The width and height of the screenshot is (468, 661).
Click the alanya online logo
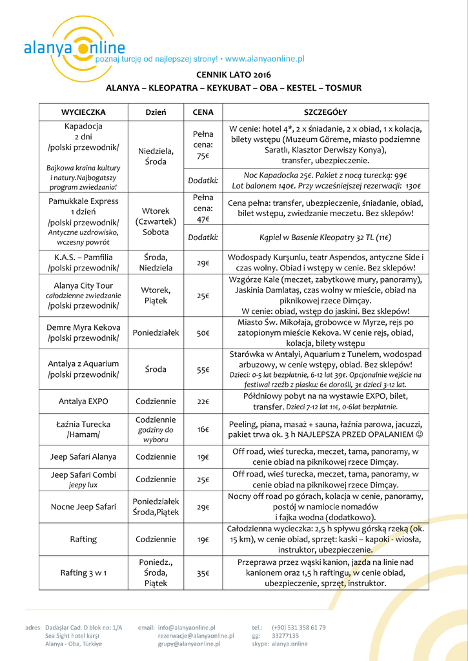[74, 47]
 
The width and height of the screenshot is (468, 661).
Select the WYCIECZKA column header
[83, 112]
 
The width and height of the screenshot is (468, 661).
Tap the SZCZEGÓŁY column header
[325, 112]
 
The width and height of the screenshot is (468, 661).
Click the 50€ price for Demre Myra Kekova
[203, 333]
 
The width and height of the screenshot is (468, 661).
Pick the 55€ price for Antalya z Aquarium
[203, 370]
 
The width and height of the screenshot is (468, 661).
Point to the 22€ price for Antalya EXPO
[203, 402]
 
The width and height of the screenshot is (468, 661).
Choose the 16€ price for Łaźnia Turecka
[203, 429]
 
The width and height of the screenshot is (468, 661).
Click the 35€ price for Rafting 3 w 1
[203, 573]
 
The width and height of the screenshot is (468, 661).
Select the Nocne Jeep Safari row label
[83, 507]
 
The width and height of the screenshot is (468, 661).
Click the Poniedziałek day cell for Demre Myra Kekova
[156, 333]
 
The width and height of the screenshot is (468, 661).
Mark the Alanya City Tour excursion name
[83, 285]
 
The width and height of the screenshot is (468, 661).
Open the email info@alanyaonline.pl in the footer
[187, 627]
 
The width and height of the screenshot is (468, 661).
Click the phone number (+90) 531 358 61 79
[298, 627]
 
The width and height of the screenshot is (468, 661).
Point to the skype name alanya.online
[289, 644]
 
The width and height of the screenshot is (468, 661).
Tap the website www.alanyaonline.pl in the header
[265, 59]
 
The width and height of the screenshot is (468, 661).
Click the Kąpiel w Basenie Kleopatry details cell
[325, 238]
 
